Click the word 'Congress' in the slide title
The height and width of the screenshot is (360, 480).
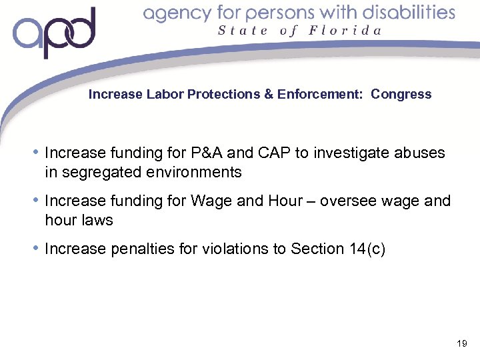coord(401,95)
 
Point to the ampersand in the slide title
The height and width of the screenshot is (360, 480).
coord(269,95)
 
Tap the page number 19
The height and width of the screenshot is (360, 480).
coord(461,344)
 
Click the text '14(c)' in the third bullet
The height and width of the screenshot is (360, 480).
coord(366,249)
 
